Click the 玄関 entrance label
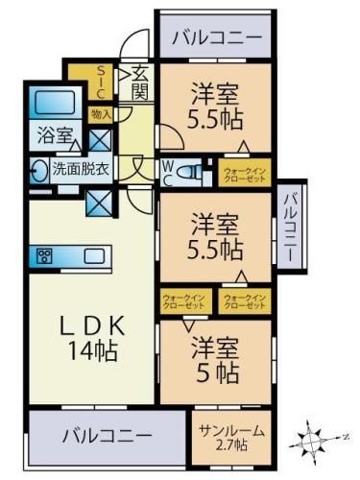pyautogui.click(x=140, y=84)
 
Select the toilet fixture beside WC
pyautogui.click(x=192, y=172)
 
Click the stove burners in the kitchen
pyautogui.click(x=45, y=255)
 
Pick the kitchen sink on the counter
pyautogui.click(x=95, y=255)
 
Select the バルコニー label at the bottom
pyautogui.click(x=108, y=435)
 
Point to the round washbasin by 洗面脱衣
pyautogui.click(x=37, y=171)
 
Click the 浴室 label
pyautogui.click(x=52, y=136)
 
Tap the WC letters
pyautogui.click(x=167, y=172)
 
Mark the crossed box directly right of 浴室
pyautogui.click(x=100, y=138)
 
